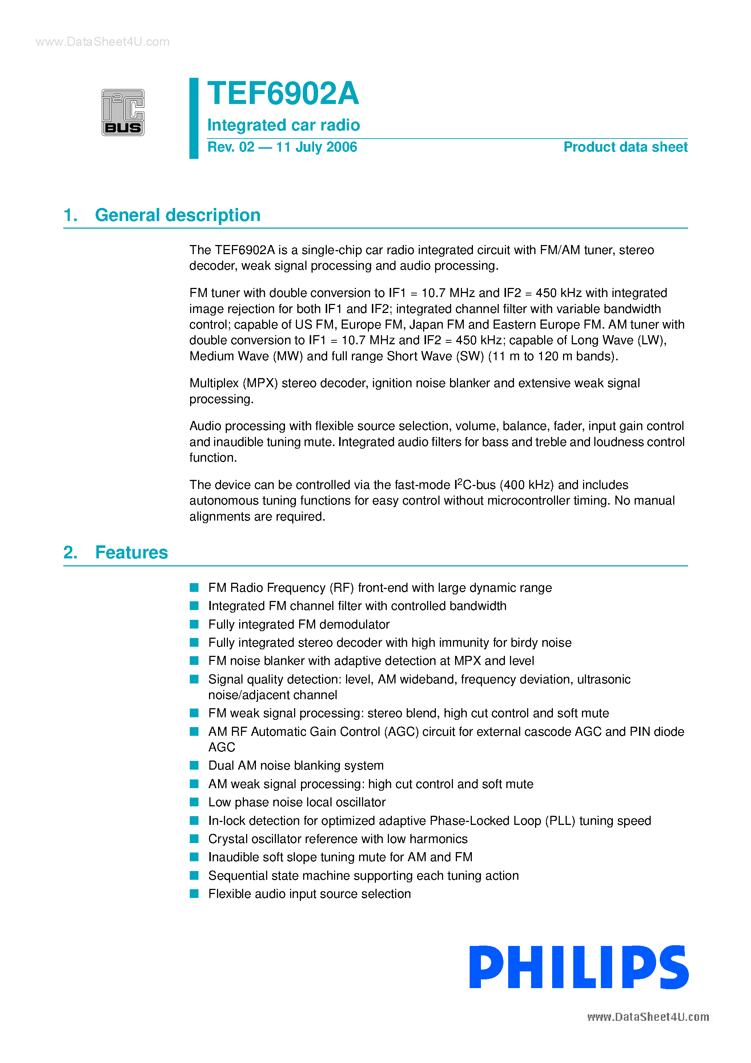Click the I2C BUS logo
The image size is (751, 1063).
(x=123, y=112)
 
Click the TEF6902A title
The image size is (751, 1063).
(x=283, y=93)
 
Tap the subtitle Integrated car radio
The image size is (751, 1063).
(x=284, y=125)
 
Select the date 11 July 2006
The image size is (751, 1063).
(x=316, y=147)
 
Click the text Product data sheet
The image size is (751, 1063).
(x=625, y=147)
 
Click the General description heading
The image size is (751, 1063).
(x=177, y=215)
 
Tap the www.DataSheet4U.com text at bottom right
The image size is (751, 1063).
(x=648, y=1017)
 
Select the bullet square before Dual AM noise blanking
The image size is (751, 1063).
(x=194, y=765)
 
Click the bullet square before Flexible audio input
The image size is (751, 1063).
(x=194, y=894)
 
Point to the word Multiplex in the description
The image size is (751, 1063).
(x=213, y=383)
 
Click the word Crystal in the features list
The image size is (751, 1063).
(x=226, y=839)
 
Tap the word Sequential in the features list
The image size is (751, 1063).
(x=237, y=875)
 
